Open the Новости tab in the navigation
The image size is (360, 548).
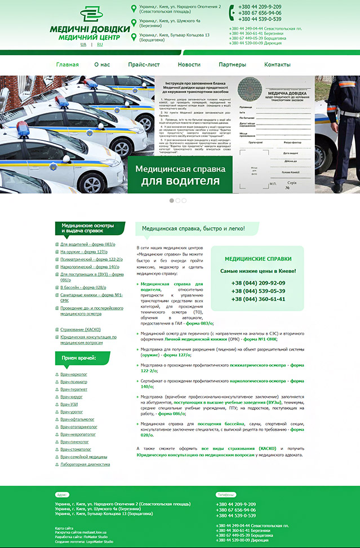189,65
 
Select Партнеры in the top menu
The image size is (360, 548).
232,65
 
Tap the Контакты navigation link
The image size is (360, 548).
277,65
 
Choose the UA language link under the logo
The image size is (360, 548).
83,44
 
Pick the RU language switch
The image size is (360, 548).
100,44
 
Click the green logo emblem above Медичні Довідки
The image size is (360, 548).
92,15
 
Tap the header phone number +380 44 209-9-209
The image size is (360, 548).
260,7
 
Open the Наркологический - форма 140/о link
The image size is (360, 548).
90,267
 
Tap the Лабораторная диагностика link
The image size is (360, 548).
86,465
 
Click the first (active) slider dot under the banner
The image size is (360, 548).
172,200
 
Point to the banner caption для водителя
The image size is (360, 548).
180,181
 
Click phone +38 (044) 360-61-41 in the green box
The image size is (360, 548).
258,299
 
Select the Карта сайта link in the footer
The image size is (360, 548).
64,528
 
